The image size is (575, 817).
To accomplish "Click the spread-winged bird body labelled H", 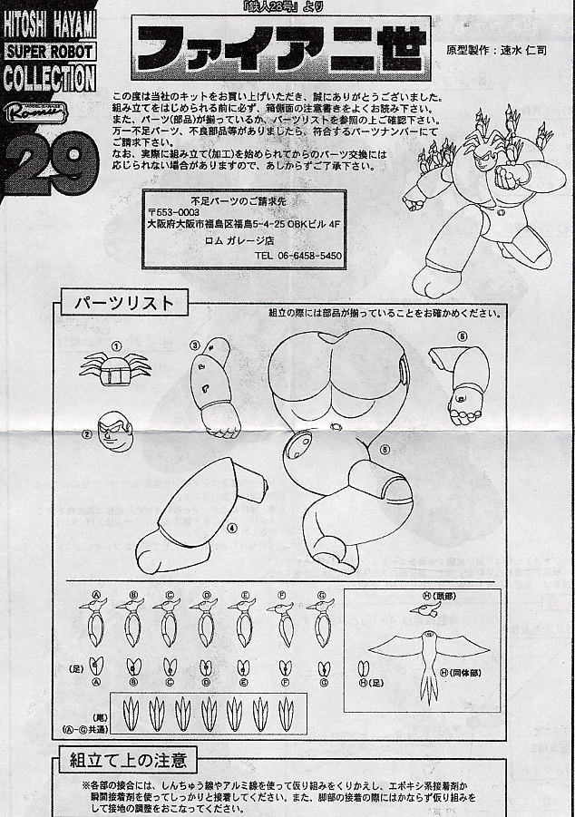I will coord(424,653).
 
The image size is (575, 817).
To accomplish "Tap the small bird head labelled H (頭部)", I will coord(424,610).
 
